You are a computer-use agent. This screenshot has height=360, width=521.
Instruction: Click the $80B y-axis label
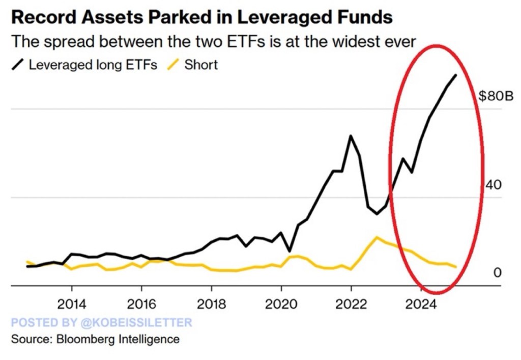click(496, 96)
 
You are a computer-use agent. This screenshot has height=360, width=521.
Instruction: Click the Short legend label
click(201, 65)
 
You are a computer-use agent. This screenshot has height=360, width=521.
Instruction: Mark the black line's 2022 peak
click(351, 136)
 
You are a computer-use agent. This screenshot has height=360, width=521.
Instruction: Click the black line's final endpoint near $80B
click(455, 75)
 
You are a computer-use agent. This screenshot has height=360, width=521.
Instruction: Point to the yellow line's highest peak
click(377, 237)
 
